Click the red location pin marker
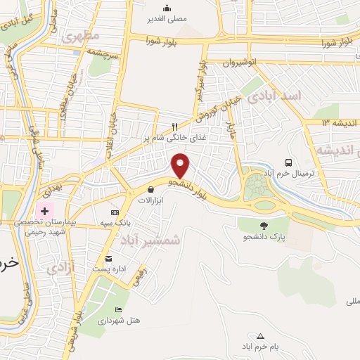pyautogui.click(x=181, y=166)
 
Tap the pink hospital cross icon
pyautogui.click(x=45, y=210)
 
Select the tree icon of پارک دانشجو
pyautogui.click(x=264, y=226)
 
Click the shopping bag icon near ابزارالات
pyautogui.click(x=150, y=189)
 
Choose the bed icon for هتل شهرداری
pyautogui.click(x=118, y=309)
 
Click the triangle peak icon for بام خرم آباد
pyautogui.click(x=261, y=336)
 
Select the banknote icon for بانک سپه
pyautogui.click(x=115, y=212)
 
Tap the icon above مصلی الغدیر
pyautogui.click(x=167, y=8)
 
